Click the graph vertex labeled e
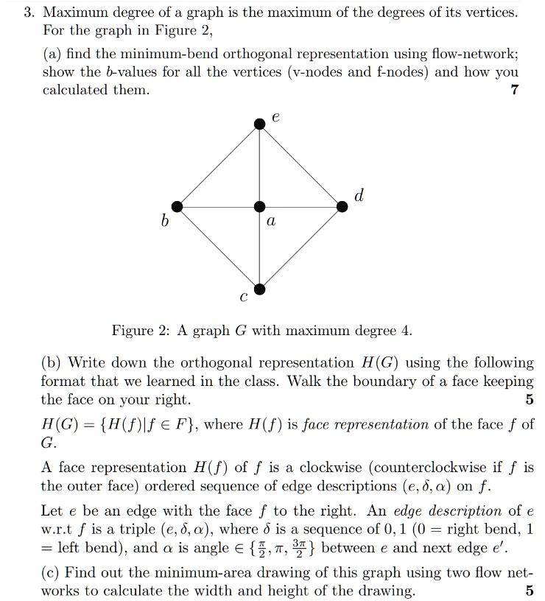[x=259, y=124]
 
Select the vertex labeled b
[x=176, y=207]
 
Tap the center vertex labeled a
[x=259, y=207]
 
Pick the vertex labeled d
[x=342, y=207]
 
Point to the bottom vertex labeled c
[x=259, y=289]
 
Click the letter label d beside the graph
[x=359, y=195]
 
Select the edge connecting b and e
[x=217, y=166]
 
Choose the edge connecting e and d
[x=300, y=166]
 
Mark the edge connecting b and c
[x=217, y=248]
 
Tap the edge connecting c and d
[x=300, y=248]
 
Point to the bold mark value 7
[x=515, y=90]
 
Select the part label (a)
[x=53, y=54]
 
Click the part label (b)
[x=53, y=363]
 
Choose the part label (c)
[x=52, y=572]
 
